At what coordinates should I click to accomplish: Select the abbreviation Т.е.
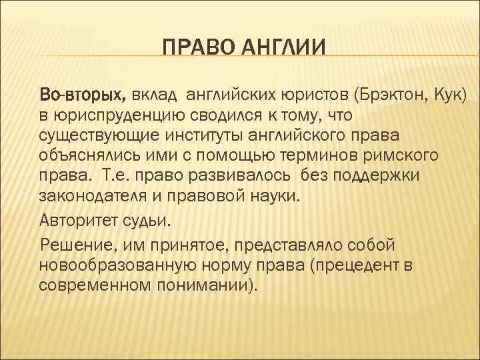(x=119, y=177)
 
